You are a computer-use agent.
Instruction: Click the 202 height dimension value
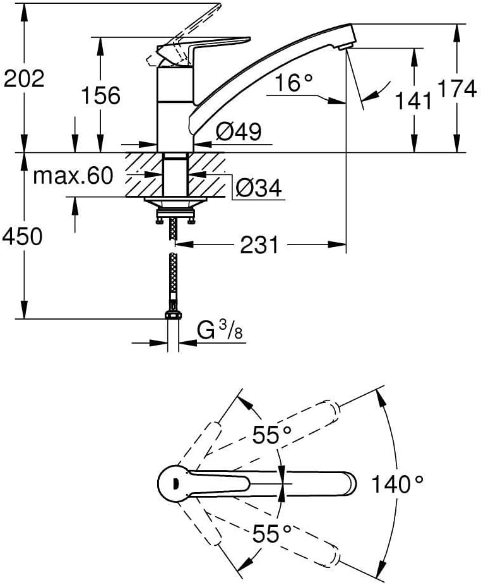[24, 79]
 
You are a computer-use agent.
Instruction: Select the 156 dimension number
[100, 95]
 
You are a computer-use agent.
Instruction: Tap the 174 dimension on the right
[457, 89]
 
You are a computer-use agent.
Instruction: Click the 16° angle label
[294, 83]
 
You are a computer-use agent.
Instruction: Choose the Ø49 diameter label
[239, 131]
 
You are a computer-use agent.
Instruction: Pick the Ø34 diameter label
[259, 188]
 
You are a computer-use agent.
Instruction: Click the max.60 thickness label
[73, 176]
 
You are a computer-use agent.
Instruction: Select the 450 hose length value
[22, 236]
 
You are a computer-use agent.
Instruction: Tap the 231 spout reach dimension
[259, 245]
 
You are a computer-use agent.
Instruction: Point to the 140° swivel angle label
[398, 485]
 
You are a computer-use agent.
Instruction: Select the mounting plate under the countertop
[175, 203]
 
